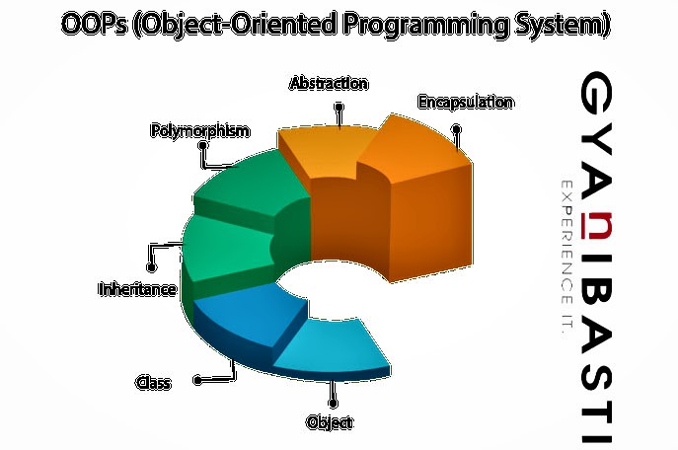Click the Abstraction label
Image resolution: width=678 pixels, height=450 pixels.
tap(329, 84)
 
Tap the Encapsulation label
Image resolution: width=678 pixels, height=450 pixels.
tap(465, 102)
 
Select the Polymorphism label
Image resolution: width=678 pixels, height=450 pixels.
tap(199, 130)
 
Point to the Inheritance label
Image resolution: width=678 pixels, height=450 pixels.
tap(137, 289)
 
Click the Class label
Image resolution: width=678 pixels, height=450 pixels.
tap(153, 382)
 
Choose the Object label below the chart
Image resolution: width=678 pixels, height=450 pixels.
tap(330, 422)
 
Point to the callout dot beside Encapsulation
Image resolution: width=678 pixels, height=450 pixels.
tap(456, 129)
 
